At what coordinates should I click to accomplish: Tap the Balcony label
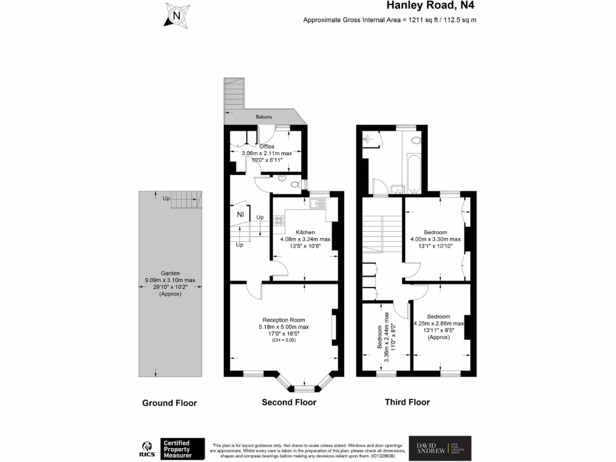click(x=264, y=117)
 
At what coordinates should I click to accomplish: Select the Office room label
click(x=266, y=146)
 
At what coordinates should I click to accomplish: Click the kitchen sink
click(x=318, y=204)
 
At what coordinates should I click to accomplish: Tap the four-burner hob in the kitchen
click(x=279, y=220)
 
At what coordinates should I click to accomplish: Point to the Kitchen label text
click(x=305, y=232)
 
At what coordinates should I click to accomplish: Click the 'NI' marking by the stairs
click(x=240, y=214)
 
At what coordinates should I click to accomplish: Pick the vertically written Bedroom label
click(x=380, y=337)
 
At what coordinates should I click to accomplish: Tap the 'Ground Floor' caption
click(x=169, y=403)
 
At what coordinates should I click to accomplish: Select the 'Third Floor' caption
click(x=407, y=402)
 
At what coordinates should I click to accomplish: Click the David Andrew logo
click(x=440, y=448)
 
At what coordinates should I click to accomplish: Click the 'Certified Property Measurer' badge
click(x=182, y=449)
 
